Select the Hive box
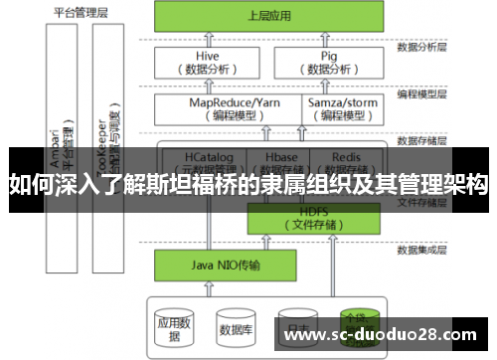pyautogui.click(x=208, y=63)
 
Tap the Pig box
pyautogui.click(x=329, y=63)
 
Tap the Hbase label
pyautogui.click(x=282, y=157)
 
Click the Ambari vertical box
pyautogui.click(x=66, y=139)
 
